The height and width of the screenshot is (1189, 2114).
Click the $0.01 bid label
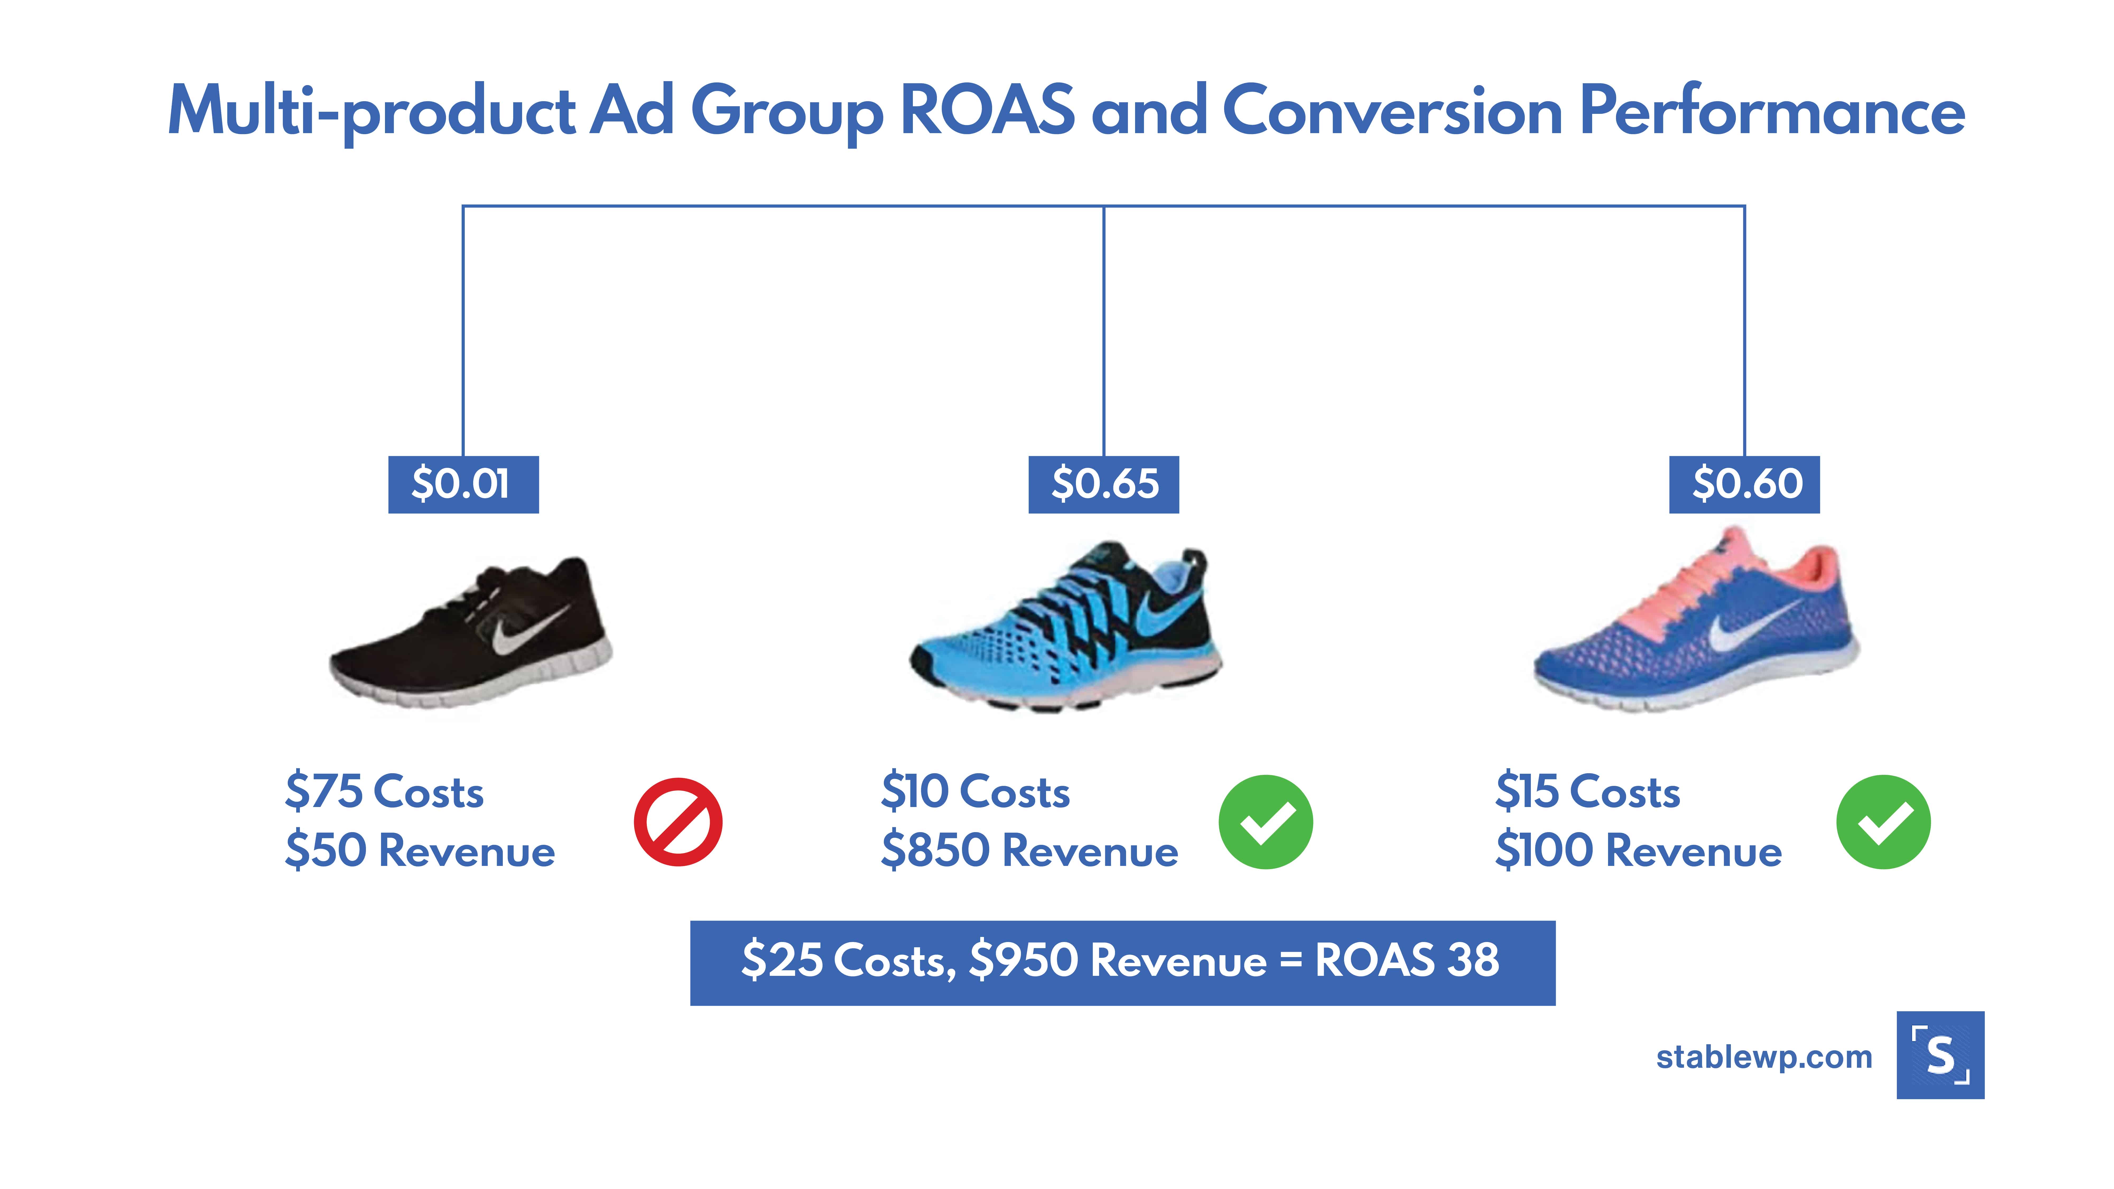click(x=463, y=484)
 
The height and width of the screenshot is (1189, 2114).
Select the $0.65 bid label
click(x=1104, y=484)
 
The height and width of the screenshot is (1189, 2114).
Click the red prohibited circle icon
click(x=678, y=821)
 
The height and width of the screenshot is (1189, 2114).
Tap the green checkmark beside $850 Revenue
click(x=1265, y=821)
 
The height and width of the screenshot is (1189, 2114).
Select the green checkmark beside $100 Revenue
click(x=1883, y=821)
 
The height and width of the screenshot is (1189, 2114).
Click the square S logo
click(x=1940, y=1055)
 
